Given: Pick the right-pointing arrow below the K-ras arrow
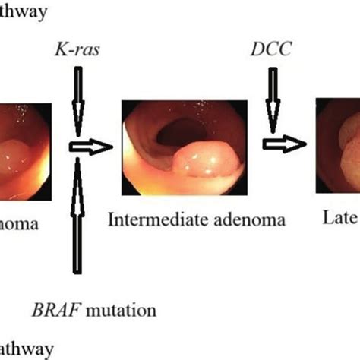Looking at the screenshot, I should [x=89, y=147].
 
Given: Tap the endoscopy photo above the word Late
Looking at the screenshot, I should [x=338, y=150].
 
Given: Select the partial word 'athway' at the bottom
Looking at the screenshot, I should [x=27, y=349].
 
